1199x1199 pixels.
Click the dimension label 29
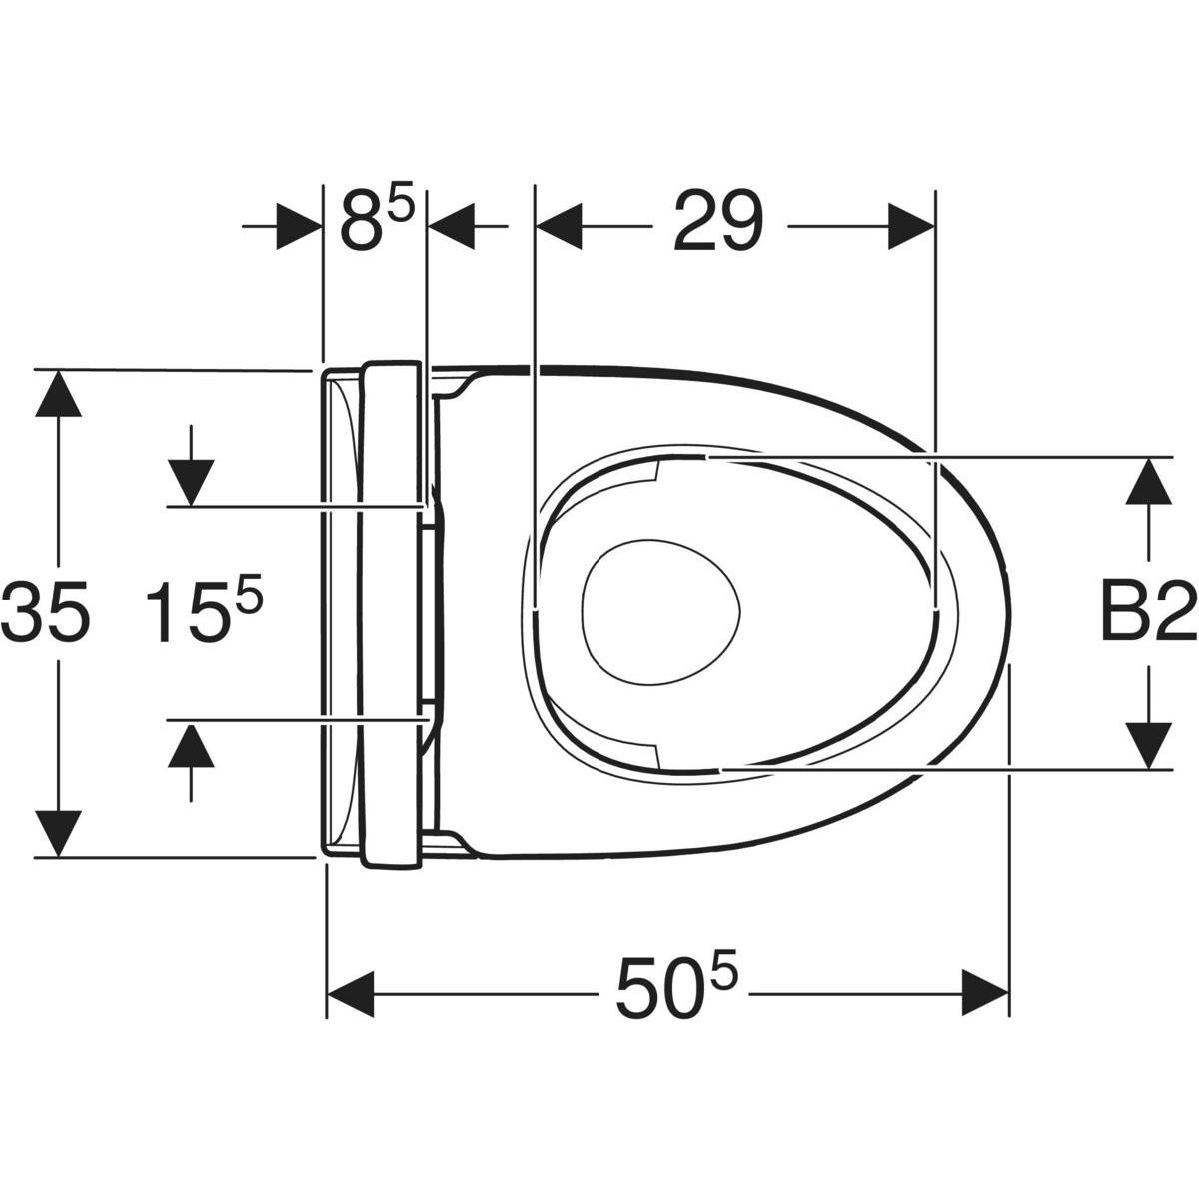click(718, 222)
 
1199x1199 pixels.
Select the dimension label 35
click(44, 611)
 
